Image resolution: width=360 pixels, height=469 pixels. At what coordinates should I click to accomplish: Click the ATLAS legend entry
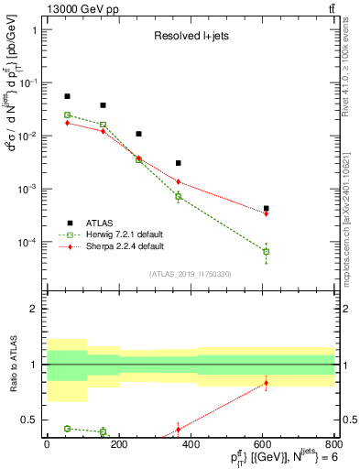99,223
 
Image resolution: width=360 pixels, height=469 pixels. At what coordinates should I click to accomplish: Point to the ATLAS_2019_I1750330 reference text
190,274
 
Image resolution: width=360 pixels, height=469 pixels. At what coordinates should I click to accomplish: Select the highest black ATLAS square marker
67,96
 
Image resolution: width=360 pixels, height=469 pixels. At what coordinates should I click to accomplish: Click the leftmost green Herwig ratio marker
67,428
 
